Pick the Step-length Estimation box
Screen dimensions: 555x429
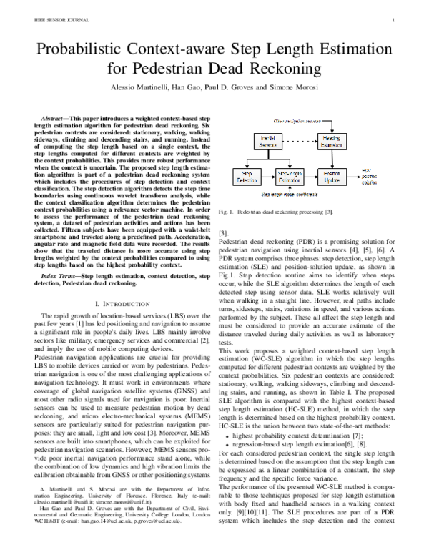[x=290, y=177]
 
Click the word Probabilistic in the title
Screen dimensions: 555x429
[x=90, y=50]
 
